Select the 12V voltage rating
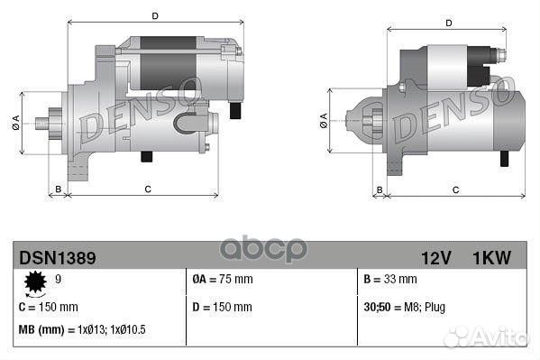(435, 258)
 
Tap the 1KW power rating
(491, 258)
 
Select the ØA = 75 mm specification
(223, 280)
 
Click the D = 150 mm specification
(223, 307)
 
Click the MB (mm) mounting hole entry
(82, 329)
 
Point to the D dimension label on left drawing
(155, 16)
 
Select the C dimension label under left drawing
(146, 189)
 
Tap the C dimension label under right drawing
(455, 189)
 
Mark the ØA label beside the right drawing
(323, 120)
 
